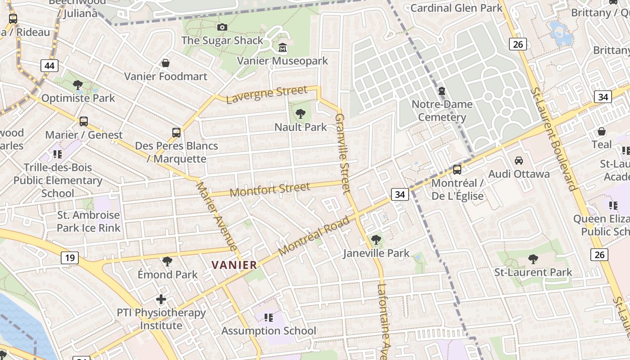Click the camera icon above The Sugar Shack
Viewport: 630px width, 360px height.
click(222, 27)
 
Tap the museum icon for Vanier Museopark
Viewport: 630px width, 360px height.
click(283, 47)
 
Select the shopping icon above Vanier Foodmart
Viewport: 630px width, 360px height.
click(166, 63)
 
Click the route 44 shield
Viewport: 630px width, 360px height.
click(49, 66)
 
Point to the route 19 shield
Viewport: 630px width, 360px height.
click(70, 258)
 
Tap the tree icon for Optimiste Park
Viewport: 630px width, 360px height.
click(78, 85)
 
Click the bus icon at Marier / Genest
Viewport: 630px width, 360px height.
click(84, 121)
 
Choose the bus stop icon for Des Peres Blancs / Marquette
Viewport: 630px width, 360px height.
click(176, 133)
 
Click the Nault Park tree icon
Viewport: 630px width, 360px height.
click(301, 114)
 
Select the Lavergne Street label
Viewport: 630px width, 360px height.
click(266, 94)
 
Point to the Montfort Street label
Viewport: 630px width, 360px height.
click(270, 189)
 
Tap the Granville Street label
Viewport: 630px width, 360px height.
click(342, 153)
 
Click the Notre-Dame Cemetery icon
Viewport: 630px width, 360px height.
click(442, 91)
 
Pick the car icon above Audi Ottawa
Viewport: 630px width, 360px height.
click(519, 161)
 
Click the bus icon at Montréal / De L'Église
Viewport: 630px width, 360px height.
click(457, 170)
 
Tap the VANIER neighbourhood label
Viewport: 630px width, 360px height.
click(234, 265)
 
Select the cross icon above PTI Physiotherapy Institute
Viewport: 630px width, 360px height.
click(161, 299)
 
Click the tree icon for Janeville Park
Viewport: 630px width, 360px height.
click(376, 240)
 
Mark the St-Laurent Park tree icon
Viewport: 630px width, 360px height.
click(533, 259)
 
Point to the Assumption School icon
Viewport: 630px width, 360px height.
click(269, 318)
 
